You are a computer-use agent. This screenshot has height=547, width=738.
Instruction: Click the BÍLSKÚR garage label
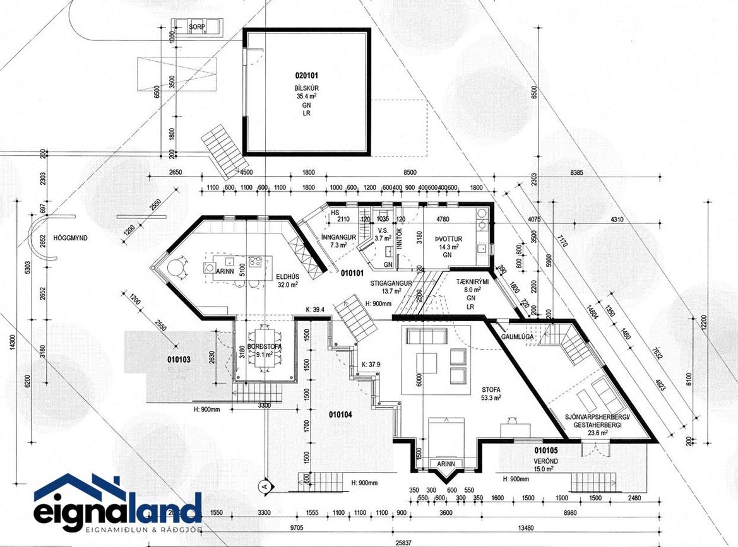pos(306,88)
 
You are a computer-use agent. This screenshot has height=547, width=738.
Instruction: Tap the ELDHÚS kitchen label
pos(287,276)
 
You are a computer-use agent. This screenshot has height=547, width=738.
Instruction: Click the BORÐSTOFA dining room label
pos(264,348)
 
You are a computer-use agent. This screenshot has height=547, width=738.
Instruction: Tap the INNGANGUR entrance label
pos(339,237)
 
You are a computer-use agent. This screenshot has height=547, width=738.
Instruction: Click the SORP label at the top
pos(196,26)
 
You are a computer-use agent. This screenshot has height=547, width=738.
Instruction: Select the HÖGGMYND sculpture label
pos(71,238)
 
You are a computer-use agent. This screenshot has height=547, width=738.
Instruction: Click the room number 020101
pos(306,76)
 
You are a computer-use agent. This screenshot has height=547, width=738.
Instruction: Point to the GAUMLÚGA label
pos(517,337)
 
